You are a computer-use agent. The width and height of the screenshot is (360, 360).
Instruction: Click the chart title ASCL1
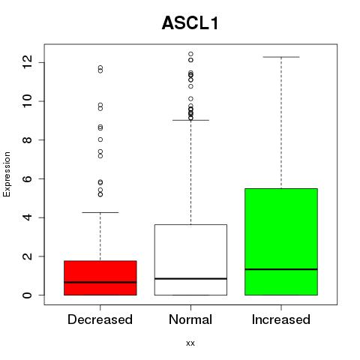tap(190, 23)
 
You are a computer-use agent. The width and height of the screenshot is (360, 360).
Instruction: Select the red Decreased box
tap(100, 277)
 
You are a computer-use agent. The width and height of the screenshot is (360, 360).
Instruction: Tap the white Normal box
tap(190, 259)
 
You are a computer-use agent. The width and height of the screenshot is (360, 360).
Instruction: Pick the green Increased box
tap(281, 241)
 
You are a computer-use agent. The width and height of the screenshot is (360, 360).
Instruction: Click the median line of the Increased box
tap(281, 269)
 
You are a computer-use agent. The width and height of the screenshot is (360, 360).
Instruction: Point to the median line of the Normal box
tap(190, 278)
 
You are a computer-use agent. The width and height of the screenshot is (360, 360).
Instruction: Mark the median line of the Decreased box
tap(100, 282)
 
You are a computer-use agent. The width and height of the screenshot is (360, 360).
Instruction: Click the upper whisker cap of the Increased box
tap(281, 57)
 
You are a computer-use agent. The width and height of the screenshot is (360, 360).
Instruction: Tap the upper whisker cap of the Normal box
tap(190, 120)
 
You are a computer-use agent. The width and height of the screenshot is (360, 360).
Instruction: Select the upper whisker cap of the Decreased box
tap(100, 212)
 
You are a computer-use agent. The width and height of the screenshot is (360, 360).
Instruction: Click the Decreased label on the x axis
tap(100, 319)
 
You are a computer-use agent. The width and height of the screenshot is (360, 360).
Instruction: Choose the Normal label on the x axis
tap(190, 319)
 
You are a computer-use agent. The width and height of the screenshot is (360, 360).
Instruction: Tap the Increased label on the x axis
tap(281, 319)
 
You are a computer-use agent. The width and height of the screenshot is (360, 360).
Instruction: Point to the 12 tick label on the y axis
tap(27, 62)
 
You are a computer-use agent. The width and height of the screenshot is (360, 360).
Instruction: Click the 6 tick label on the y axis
tap(27, 178)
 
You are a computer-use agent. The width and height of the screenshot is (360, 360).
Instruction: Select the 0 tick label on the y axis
tap(27, 295)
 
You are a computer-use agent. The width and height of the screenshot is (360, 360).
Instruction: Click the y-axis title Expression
tap(7, 174)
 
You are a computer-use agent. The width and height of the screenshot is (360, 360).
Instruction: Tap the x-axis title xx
tap(190, 343)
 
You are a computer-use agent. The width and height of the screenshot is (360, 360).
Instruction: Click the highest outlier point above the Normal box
tap(190, 54)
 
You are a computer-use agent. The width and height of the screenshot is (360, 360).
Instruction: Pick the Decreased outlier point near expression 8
tap(100, 139)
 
